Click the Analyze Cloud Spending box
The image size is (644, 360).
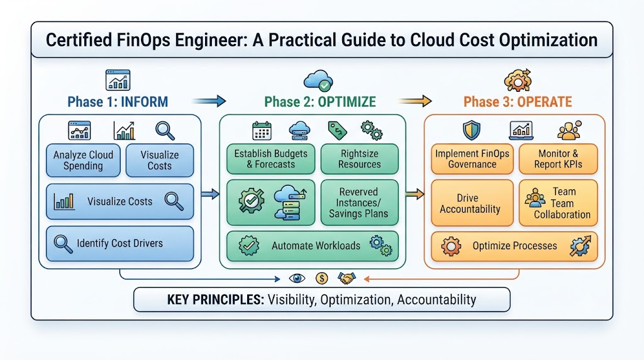coord(83,160)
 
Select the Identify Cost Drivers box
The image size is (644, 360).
coord(119,244)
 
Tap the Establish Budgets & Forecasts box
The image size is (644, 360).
coord(270,159)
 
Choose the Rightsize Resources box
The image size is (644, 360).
coord(359,159)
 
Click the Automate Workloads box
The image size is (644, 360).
coord(312,245)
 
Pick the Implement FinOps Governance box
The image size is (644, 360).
coord(472,159)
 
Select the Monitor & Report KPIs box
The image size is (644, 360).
coord(558,159)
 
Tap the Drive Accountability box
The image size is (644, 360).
coord(472,203)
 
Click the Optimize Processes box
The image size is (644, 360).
coord(514,246)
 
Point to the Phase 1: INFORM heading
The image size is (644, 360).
coord(118,101)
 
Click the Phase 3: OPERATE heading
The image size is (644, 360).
coord(518,101)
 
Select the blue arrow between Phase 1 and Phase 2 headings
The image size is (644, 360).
coord(209,101)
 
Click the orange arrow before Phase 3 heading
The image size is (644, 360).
coord(415,101)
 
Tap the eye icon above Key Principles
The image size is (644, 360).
coord(297,279)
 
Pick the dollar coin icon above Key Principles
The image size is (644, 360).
coord(321,279)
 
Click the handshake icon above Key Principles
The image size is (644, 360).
coord(347,279)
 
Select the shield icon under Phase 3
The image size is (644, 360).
coord(471,130)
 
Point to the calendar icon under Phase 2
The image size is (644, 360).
coord(262,131)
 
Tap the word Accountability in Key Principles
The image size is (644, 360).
coord(436,300)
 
